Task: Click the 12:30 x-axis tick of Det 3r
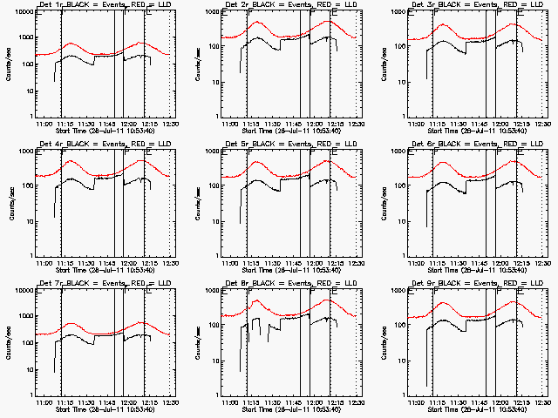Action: pos(541,124)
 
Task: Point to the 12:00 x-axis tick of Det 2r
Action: pos(313,124)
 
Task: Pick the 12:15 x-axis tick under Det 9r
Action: pos(521,402)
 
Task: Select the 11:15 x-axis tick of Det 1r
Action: pos(64,124)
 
